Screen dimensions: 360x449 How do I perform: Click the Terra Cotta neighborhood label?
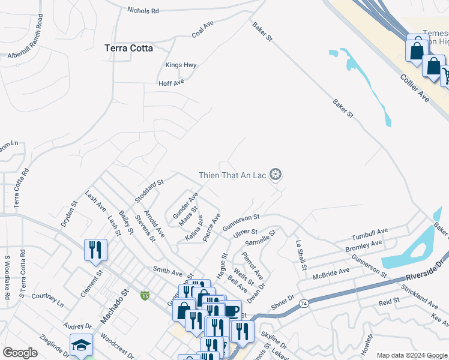(128, 48)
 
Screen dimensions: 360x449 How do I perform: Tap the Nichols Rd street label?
(143, 10)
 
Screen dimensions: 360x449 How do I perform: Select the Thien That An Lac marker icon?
(276, 175)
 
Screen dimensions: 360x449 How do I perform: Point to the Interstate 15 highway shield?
(145, 295)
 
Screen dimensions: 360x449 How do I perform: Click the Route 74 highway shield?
(304, 304)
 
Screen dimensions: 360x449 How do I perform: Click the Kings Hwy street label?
(181, 65)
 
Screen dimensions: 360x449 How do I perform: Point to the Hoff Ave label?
(171, 83)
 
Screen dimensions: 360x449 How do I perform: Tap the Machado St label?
(115, 308)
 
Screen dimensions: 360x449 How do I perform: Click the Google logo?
(20, 353)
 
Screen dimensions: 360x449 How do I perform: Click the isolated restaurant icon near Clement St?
(95, 250)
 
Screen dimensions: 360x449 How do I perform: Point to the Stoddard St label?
(149, 191)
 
